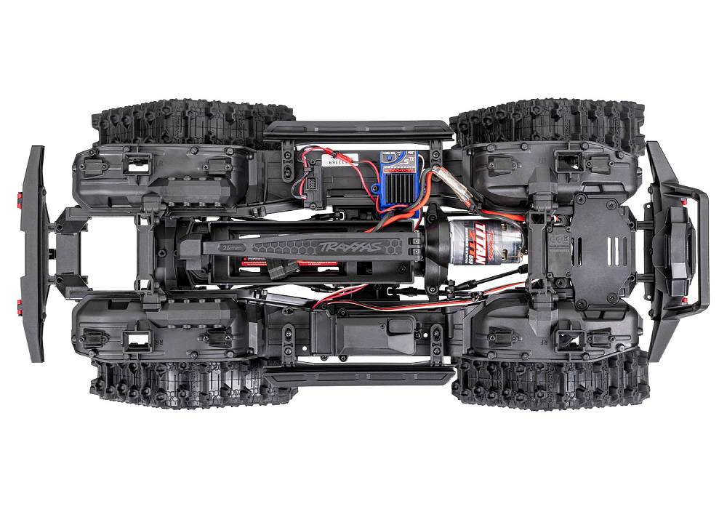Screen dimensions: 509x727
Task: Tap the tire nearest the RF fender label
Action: [549, 382]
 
